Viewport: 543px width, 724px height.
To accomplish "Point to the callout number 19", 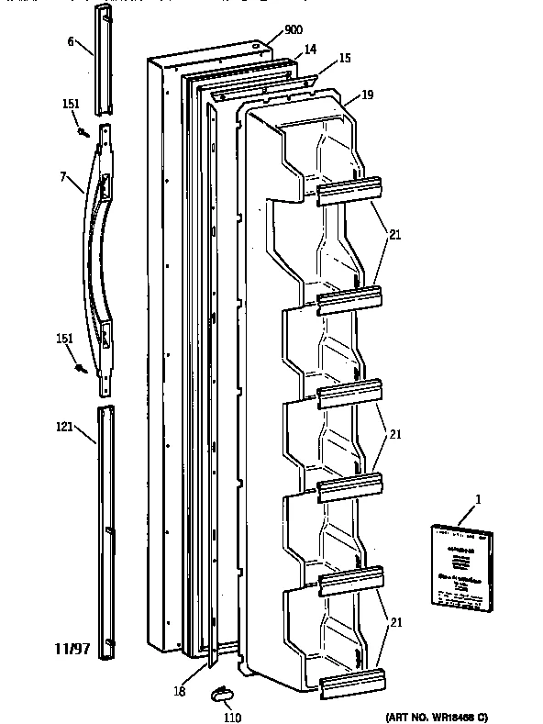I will [x=367, y=94].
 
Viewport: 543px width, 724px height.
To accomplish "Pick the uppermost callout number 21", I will [x=394, y=235].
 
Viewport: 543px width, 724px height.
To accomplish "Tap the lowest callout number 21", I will [x=394, y=623].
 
